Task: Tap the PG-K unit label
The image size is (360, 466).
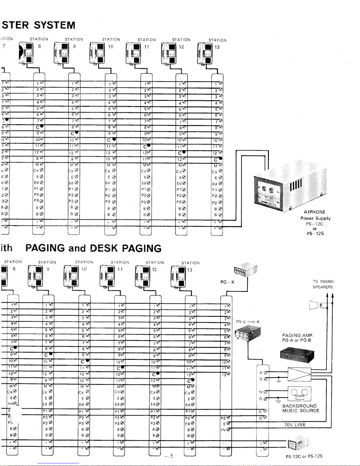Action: (x=227, y=282)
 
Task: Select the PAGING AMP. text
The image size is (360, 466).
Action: (x=298, y=335)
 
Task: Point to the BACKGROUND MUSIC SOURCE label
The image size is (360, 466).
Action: (x=301, y=408)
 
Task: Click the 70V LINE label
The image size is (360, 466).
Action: (x=295, y=425)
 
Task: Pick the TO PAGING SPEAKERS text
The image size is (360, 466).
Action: (x=323, y=284)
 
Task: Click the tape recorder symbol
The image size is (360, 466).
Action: (x=299, y=393)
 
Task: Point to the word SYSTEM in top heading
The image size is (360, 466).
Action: (x=55, y=25)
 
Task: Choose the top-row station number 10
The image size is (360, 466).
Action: (x=110, y=46)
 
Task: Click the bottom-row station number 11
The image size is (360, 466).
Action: (x=120, y=269)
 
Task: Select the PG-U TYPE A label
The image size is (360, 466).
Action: (x=248, y=322)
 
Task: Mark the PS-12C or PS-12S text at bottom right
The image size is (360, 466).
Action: (x=304, y=456)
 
